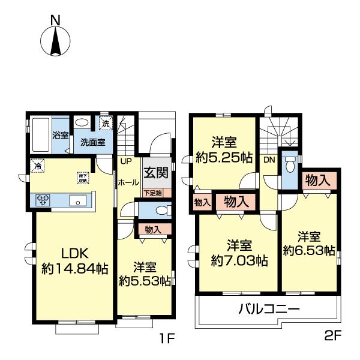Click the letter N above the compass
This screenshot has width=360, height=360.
coord(55,20)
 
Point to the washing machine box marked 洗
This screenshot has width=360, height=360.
coord(106,124)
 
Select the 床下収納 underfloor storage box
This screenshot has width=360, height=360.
coord(82,177)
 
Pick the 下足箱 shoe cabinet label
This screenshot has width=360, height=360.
coord(156,193)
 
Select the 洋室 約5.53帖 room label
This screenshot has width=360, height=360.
coord(144,274)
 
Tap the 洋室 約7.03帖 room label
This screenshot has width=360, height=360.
coord(239,253)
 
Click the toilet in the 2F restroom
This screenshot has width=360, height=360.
coord(290,163)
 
